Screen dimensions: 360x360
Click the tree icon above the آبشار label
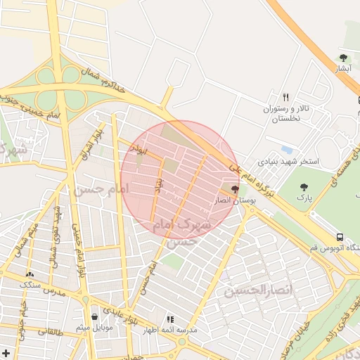point(343,58)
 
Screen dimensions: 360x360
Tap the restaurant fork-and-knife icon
point(285,97)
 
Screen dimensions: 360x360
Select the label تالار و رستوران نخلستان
point(286,114)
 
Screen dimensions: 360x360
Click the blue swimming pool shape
point(285,150)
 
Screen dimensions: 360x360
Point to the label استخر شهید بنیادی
point(289,162)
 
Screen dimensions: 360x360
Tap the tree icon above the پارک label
point(304,187)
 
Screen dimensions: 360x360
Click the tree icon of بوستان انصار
point(234,189)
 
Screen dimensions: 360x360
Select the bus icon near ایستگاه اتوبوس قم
point(340,238)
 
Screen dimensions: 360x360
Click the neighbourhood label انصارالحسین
point(248,290)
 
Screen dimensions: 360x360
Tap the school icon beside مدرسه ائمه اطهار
point(169,319)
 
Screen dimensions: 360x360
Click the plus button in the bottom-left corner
point(6,353)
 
